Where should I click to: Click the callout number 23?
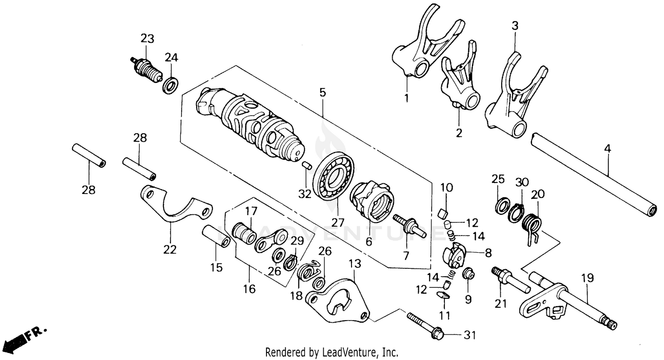point(147,39)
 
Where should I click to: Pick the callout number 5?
point(322,93)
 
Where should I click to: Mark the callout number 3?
point(515,26)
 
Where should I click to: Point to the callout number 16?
point(249,289)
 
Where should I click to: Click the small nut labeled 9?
point(468,275)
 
